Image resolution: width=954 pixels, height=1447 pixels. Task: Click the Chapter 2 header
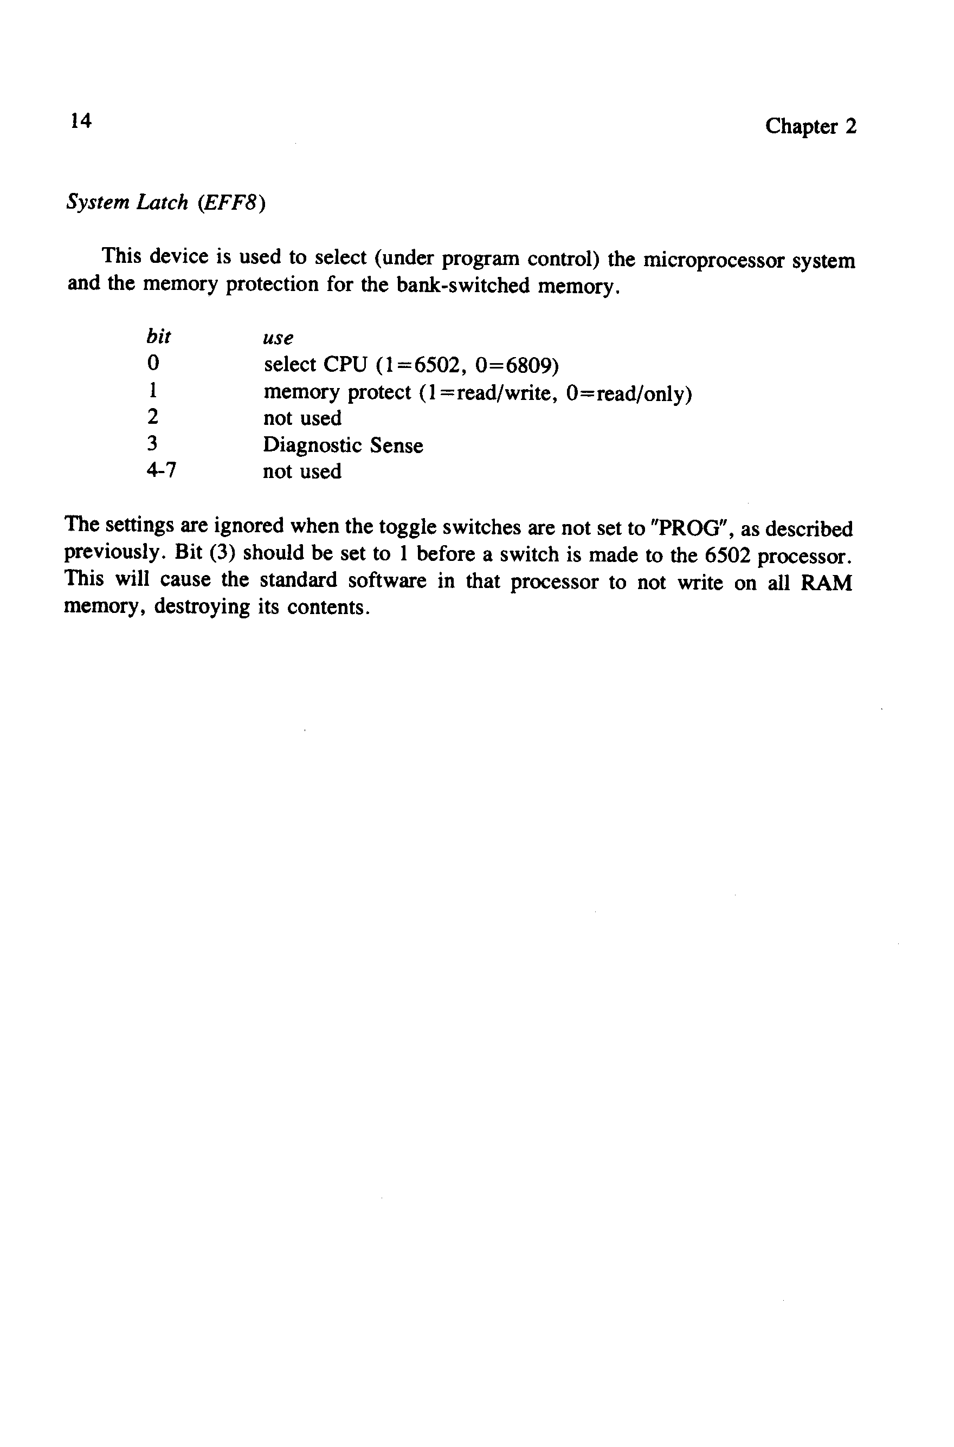[x=810, y=126]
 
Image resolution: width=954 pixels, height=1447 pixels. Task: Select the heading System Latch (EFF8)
[x=165, y=202]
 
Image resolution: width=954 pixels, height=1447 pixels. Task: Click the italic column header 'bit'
[x=158, y=337]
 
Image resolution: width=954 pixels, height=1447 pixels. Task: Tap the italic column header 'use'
[x=278, y=338]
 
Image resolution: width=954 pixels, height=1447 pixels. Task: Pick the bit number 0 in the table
[x=153, y=363]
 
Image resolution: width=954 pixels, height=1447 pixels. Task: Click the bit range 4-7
[x=161, y=470]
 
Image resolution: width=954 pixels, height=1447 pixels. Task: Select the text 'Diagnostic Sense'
[x=343, y=445]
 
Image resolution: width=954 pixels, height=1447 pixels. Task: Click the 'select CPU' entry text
[x=315, y=365]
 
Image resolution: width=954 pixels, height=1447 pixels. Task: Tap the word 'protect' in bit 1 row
[x=378, y=393]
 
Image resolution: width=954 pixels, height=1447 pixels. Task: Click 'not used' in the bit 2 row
[x=302, y=418]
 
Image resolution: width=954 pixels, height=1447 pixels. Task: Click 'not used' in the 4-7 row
[x=302, y=471]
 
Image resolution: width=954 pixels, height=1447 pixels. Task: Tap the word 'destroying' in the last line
[x=202, y=607]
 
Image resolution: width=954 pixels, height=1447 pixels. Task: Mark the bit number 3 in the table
[x=152, y=443]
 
